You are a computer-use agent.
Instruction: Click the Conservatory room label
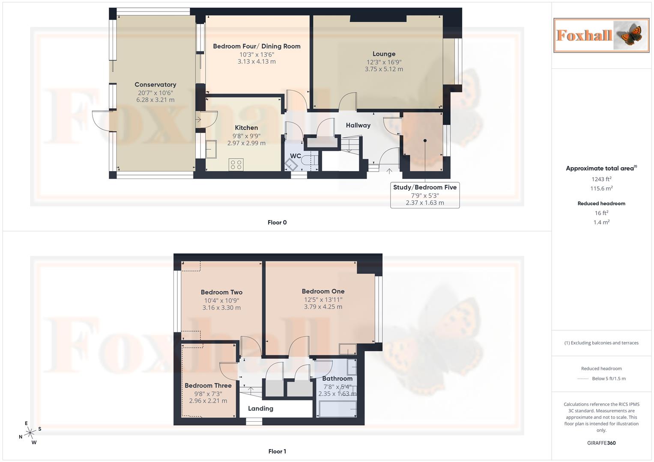coord(155,85)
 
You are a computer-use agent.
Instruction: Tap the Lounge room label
coord(384,54)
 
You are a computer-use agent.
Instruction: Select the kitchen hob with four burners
coord(236,164)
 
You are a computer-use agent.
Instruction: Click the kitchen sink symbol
coord(211,149)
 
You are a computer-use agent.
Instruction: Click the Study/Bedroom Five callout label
coord(425,187)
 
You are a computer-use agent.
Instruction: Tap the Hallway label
coord(358,125)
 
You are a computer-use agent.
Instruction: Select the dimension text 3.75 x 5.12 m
coord(384,69)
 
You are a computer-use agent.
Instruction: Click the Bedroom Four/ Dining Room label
coord(257,46)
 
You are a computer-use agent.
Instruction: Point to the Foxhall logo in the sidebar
coord(601,36)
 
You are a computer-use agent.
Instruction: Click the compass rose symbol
coord(30,433)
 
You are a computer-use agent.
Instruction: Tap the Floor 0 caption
coord(277,222)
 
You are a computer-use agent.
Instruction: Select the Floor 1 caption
coord(277,451)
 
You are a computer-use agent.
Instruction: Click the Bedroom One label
coord(323,291)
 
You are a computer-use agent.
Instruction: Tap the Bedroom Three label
coord(208,385)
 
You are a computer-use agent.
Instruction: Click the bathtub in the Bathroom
coord(337,409)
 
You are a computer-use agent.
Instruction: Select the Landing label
coord(260,409)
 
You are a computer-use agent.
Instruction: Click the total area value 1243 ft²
coord(601,179)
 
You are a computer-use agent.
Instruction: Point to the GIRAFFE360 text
coord(601,443)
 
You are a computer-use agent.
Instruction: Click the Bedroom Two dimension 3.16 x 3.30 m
coord(221,308)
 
